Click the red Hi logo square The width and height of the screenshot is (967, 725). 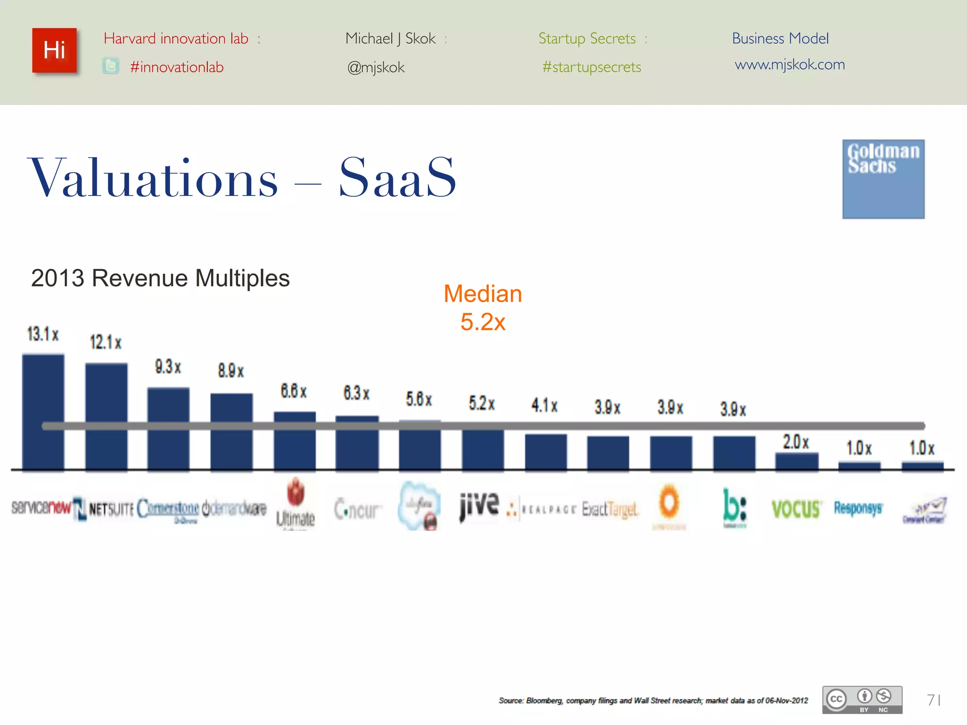point(54,51)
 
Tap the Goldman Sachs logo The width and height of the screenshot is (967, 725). point(883,179)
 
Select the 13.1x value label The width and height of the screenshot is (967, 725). point(42,334)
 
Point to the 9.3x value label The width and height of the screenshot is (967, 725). point(168,367)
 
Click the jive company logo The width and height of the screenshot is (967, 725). point(479,506)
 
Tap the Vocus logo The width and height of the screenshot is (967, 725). point(796,509)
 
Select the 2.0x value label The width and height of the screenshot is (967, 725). point(796,442)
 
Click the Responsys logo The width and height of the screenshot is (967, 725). point(858,508)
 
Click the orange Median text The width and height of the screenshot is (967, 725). point(483,294)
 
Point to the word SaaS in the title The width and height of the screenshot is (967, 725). point(398,178)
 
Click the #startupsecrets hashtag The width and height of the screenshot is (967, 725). point(592,67)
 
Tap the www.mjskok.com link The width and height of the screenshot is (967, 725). point(789,64)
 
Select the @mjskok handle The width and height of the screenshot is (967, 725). point(376,67)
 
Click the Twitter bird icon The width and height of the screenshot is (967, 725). point(111,66)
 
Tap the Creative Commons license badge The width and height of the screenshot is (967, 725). point(862,700)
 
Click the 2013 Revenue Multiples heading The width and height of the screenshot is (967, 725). point(160,278)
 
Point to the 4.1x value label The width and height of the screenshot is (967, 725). point(544,405)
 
